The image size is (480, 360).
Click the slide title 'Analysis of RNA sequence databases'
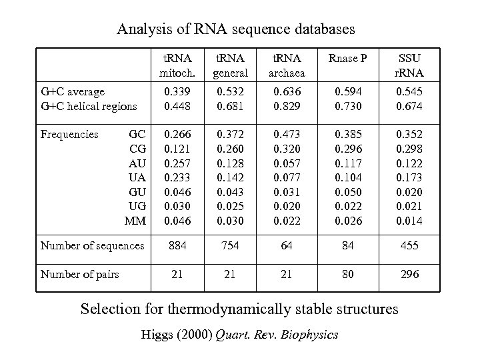click(x=236, y=29)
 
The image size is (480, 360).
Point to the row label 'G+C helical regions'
click(x=89, y=106)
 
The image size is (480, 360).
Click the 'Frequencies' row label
click(x=69, y=134)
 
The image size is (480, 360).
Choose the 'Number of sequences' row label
click(x=92, y=246)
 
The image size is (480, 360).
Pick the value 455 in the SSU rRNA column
click(x=409, y=246)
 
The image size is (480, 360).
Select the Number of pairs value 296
click(x=409, y=274)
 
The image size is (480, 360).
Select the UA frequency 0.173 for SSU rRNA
click(x=409, y=176)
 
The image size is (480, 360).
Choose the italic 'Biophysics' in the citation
click(x=309, y=334)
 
